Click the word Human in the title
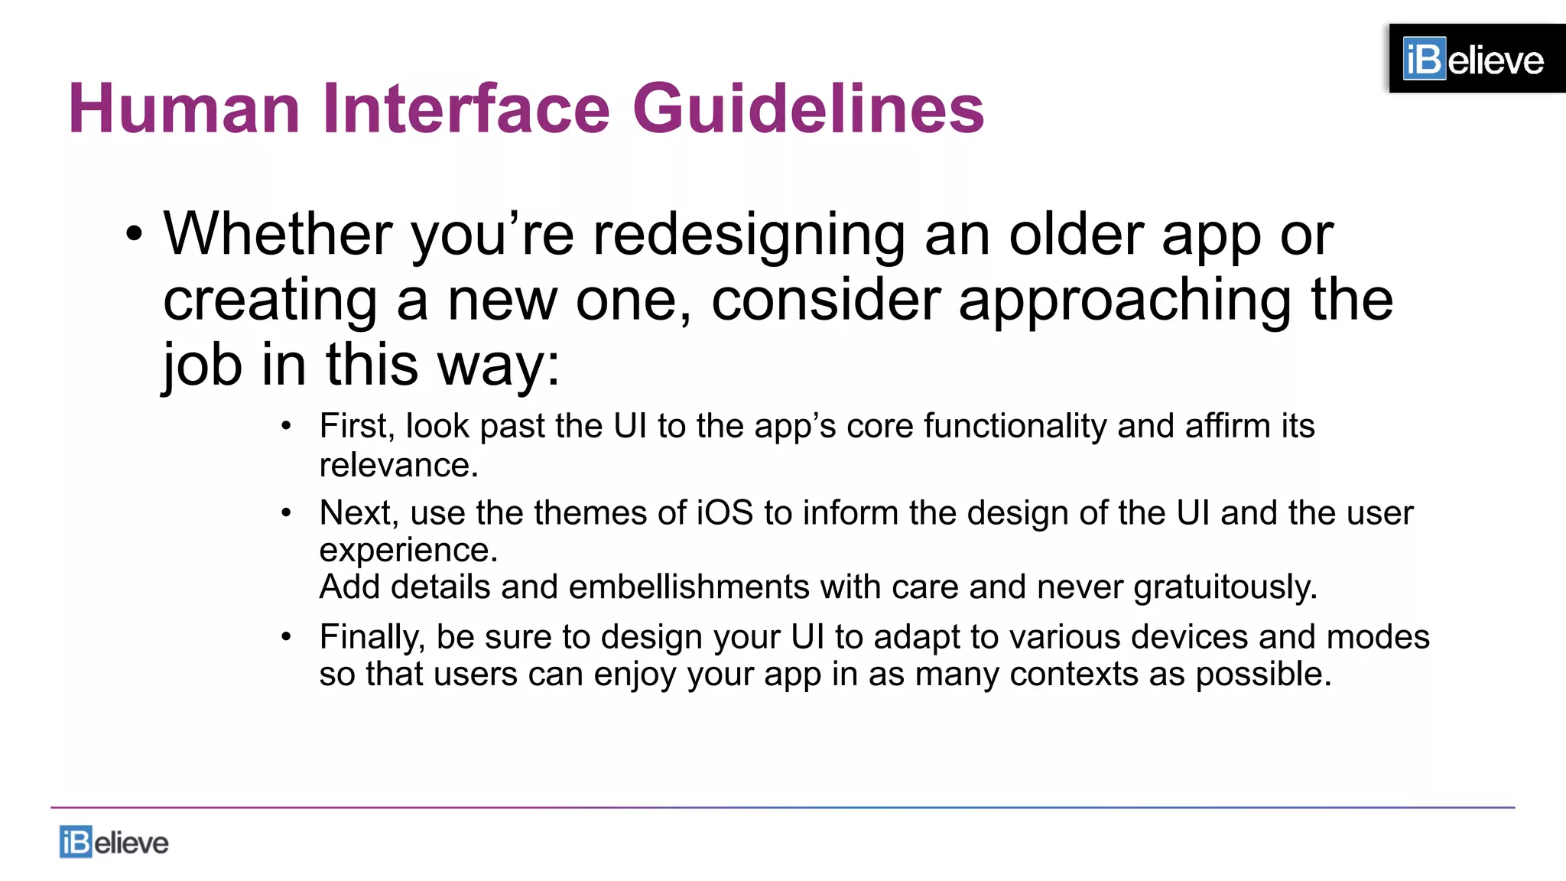tap(184, 109)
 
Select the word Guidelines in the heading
tap(808, 109)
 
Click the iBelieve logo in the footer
tap(114, 842)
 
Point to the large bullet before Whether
tap(135, 236)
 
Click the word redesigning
tap(749, 236)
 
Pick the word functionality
tap(1015, 426)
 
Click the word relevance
tap(398, 465)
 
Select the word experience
tap(408, 550)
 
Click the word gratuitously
tap(1225, 587)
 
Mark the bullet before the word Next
tap(286, 512)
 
